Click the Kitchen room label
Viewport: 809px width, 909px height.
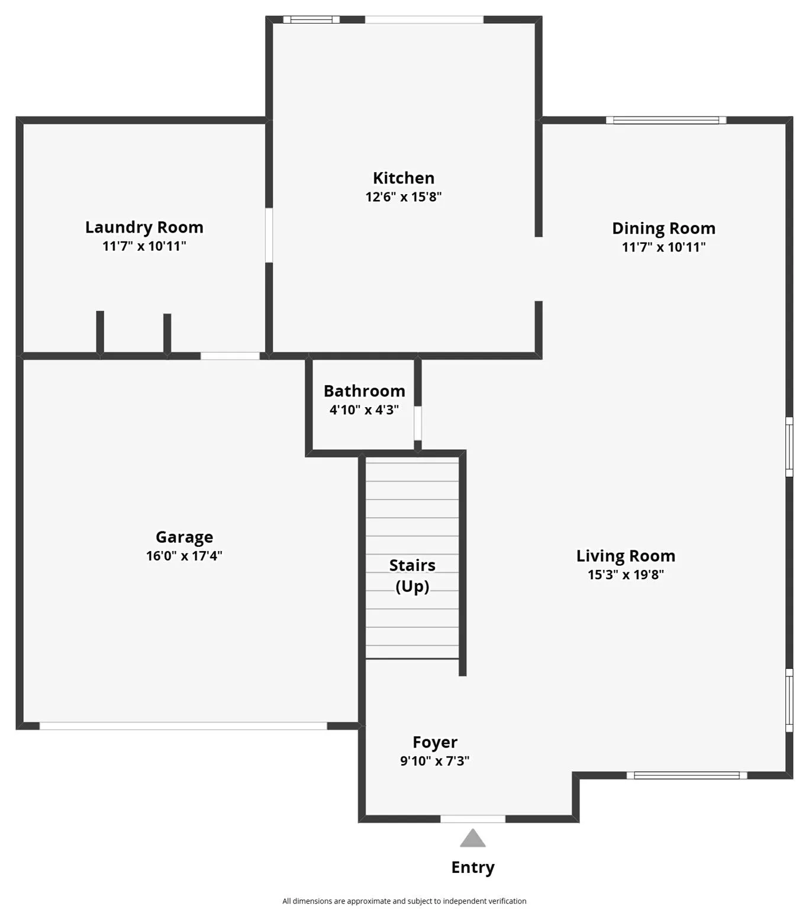(404, 178)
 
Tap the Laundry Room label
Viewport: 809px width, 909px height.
(144, 227)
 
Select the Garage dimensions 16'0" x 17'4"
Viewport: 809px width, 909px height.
(184, 556)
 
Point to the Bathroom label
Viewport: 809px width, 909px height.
(365, 391)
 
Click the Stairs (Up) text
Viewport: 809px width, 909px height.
(412, 576)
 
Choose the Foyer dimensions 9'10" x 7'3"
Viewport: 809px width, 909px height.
(435, 761)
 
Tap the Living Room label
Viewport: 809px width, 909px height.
(626, 556)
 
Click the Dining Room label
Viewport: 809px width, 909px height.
(663, 228)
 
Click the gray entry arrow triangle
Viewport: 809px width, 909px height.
(473, 839)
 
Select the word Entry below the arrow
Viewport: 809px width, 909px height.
(473, 868)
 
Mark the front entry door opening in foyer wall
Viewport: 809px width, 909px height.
(473, 819)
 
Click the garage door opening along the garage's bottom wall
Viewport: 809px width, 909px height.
(183, 726)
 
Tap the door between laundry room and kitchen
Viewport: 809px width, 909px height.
(269, 235)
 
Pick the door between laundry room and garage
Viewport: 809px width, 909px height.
(230, 356)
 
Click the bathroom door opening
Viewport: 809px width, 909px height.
(418, 423)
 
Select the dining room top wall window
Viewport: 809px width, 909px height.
(666, 120)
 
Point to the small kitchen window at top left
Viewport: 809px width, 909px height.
(311, 20)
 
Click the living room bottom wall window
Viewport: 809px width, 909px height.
(686, 775)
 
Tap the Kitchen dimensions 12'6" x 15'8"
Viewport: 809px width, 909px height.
(404, 197)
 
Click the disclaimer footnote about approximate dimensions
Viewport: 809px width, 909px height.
(404, 901)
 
